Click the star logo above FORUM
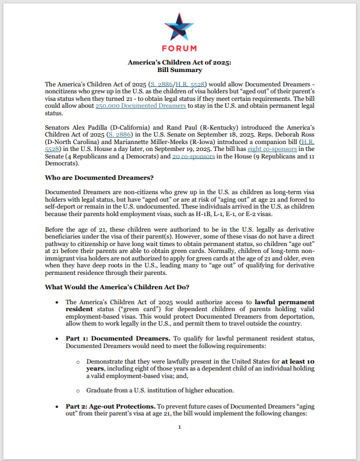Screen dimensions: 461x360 [180, 27]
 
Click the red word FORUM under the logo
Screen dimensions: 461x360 [180, 48]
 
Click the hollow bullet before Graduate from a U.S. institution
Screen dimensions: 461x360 [79, 390]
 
